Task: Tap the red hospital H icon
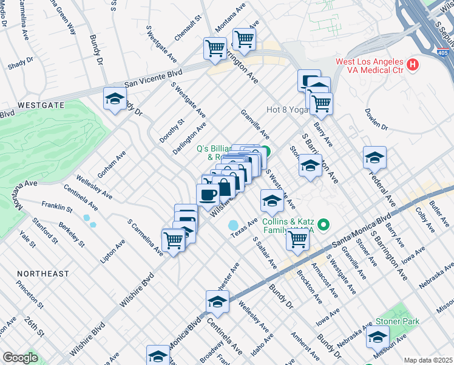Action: [413, 64]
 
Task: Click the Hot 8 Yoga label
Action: [287, 110]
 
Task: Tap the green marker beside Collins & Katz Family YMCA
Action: [324, 226]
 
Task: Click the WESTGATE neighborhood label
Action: [41, 105]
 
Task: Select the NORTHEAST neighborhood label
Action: [43, 274]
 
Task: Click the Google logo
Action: [20, 358]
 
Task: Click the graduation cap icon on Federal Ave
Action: [374, 157]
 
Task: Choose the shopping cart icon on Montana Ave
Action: [243, 39]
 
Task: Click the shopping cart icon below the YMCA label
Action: [297, 238]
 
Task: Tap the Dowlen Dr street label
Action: [376, 120]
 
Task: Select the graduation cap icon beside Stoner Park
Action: [378, 337]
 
